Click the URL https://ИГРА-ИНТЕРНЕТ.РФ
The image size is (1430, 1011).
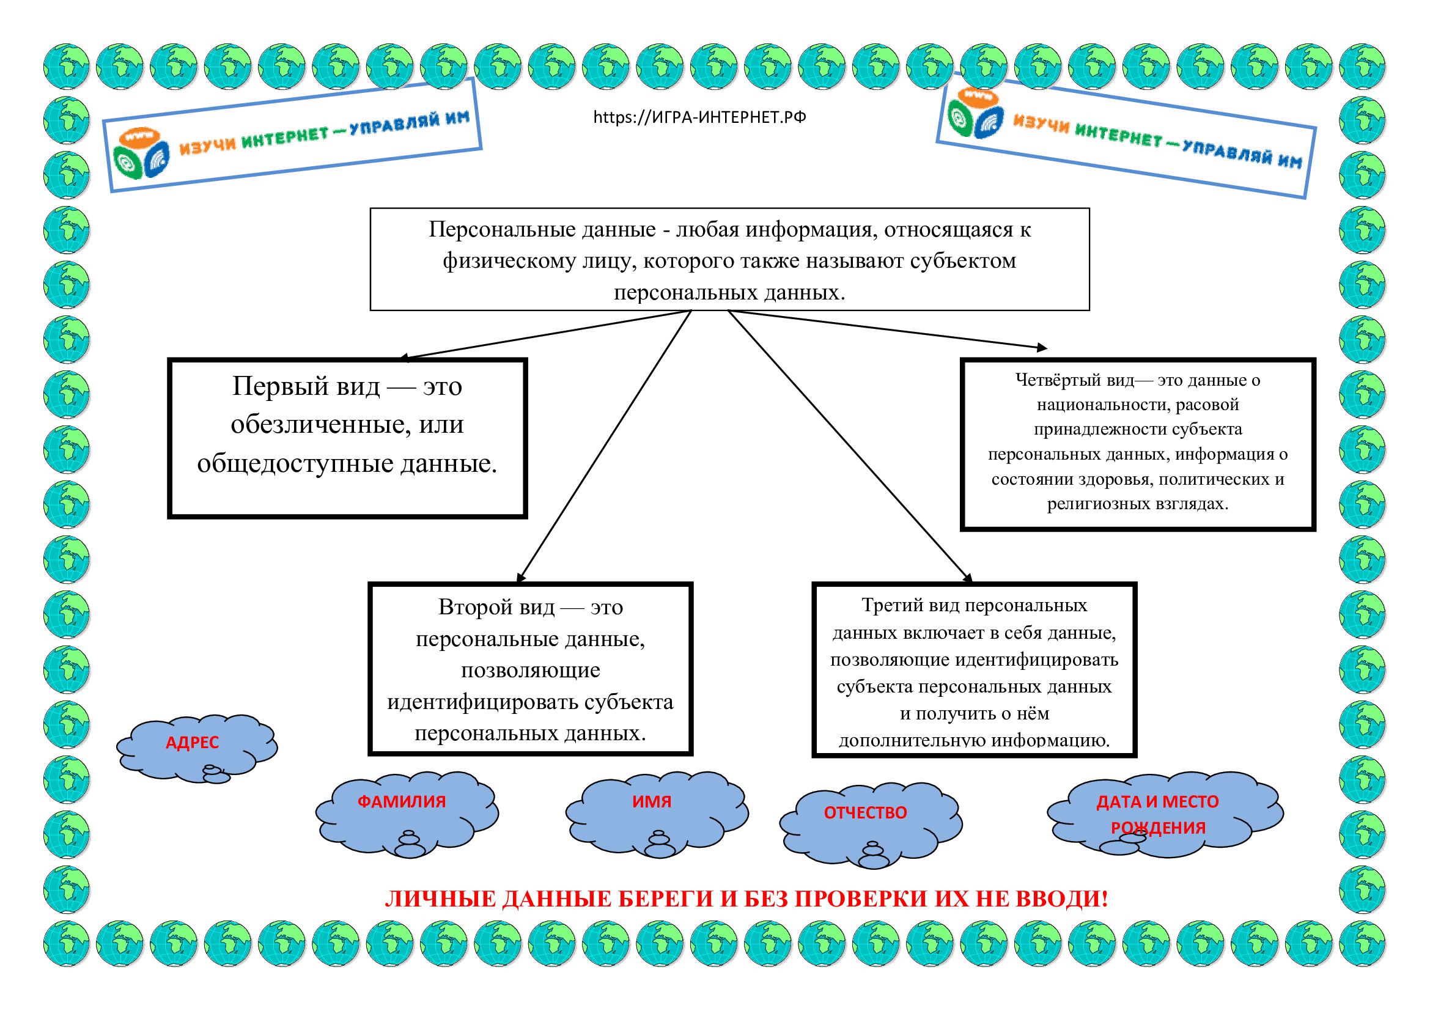[699, 117]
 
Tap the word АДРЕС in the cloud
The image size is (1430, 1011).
[192, 743]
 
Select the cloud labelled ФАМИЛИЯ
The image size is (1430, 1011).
[401, 802]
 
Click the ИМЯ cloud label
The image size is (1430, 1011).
[652, 802]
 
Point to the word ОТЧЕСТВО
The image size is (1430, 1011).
[865, 813]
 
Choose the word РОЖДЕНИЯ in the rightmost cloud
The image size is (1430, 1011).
[1158, 828]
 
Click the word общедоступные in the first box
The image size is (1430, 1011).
[295, 464]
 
